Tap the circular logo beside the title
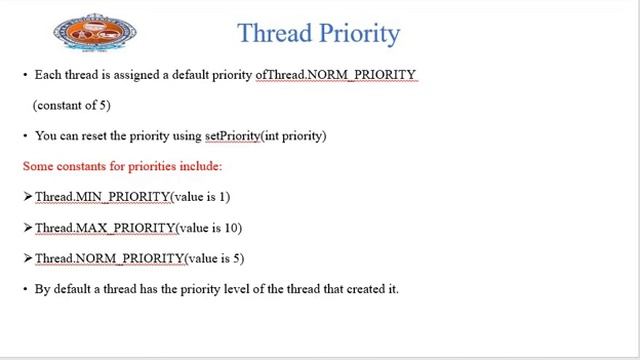click(x=95, y=33)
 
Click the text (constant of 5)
click(x=71, y=105)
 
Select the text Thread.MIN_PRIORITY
click(x=103, y=197)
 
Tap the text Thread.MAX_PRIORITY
click(x=105, y=228)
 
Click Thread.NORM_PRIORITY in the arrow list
click(x=110, y=258)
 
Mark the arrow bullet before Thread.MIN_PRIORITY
click(x=28, y=197)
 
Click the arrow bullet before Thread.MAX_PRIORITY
click(x=28, y=228)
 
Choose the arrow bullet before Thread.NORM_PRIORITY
click(x=28, y=258)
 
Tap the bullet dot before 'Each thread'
click(x=25, y=75)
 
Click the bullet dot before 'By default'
click(x=25, y=289)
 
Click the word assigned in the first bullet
click(x=131, y=75)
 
